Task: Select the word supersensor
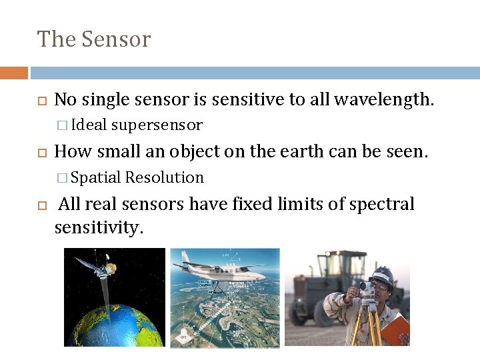click(157, 125)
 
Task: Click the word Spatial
click(95, 177)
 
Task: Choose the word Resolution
click(164, 177)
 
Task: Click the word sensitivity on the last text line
click(98, 229)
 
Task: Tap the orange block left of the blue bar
click(13, 73)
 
